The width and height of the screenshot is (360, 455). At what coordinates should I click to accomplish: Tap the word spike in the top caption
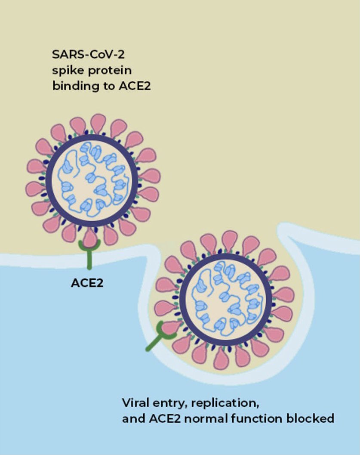point(65,70)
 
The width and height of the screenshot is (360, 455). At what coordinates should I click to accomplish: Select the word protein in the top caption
point(105,70)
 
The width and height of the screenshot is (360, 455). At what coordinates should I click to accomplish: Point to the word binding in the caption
point(70,86)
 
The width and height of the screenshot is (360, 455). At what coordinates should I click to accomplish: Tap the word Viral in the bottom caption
point(134,403)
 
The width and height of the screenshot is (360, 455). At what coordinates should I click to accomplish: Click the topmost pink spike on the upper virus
point(98,123)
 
